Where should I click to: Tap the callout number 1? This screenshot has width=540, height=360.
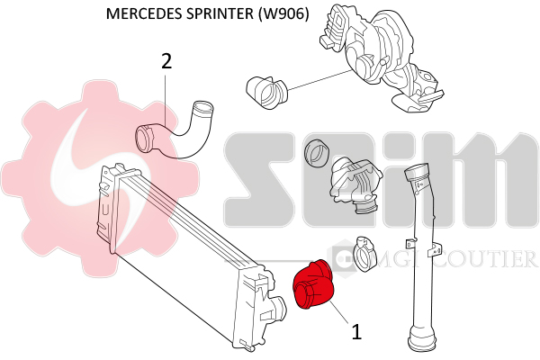[356, 332]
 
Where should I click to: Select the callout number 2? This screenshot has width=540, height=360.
[166, 61]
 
